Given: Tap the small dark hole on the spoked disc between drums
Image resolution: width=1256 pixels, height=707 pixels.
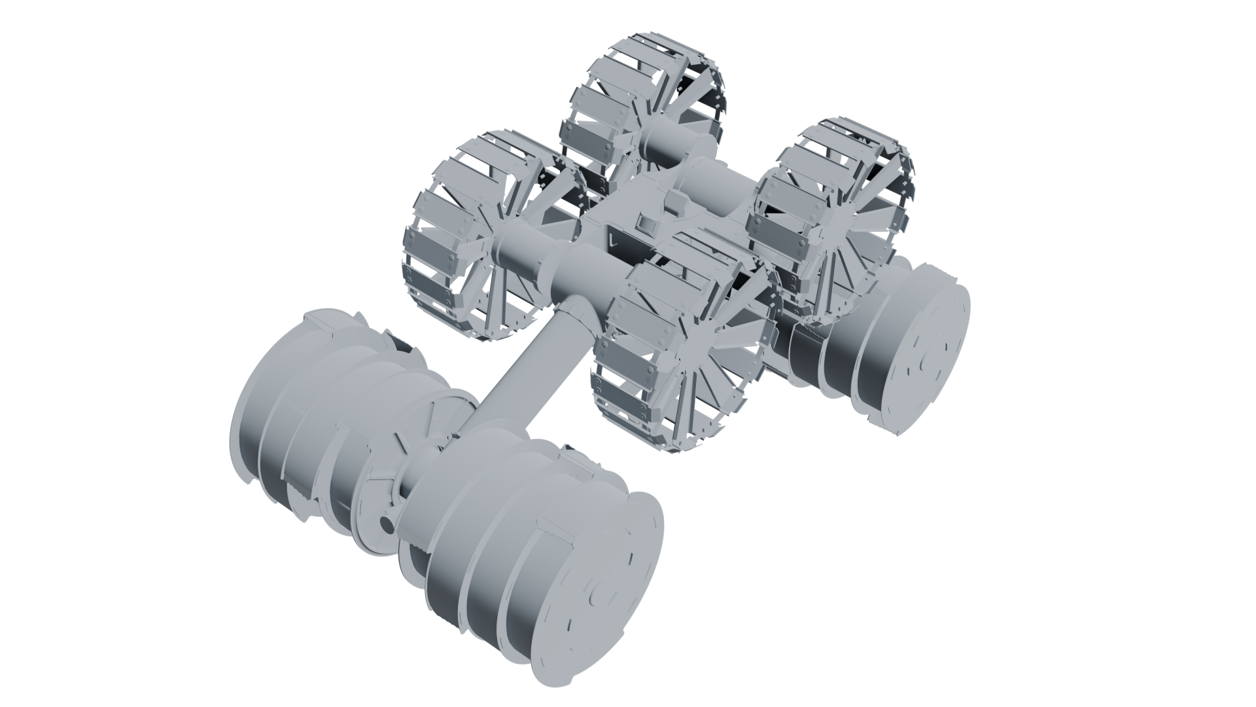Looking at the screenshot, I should pyautogui.click(x=385, y=524).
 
